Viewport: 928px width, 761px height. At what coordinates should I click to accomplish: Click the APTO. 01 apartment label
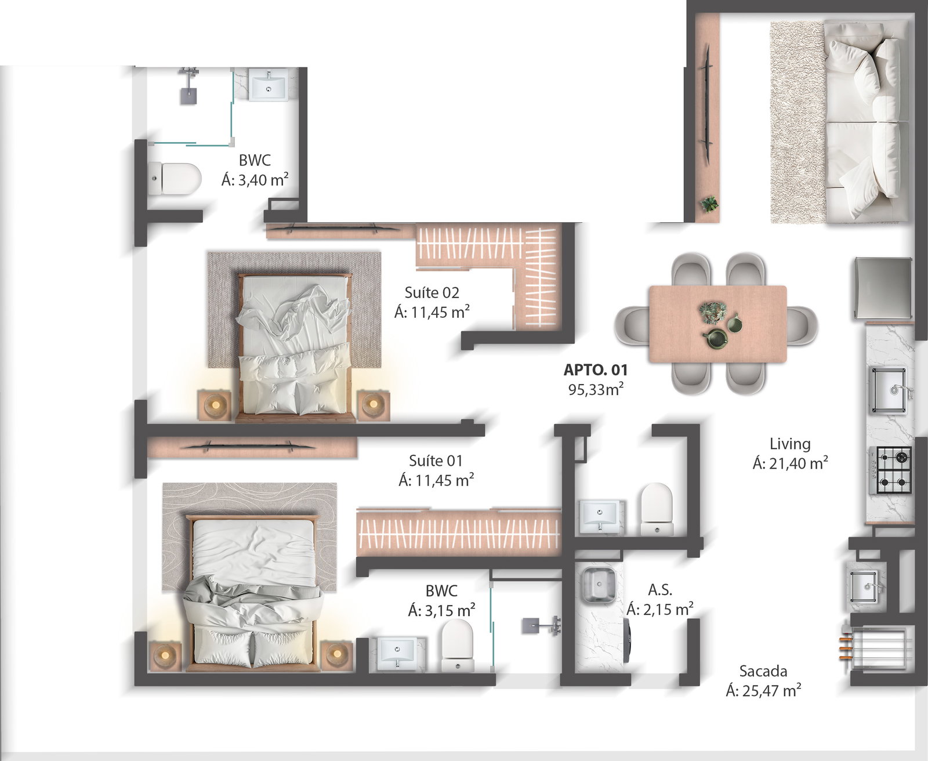pos(596,370)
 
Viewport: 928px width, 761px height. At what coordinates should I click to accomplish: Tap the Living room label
pos(790,444)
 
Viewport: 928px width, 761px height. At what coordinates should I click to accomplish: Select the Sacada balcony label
pos(763,671)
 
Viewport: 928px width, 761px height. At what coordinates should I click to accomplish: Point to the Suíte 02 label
pos(432,293)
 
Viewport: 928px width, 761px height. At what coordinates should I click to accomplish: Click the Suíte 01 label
pos(436,461)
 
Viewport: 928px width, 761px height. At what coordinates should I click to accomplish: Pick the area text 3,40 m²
pos(263,180)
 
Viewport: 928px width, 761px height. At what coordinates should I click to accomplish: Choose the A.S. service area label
pos(660,589)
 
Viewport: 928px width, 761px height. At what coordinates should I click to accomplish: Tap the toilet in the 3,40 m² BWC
pos(174,179)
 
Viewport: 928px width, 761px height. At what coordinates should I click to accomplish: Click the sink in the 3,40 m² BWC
pos(269,85)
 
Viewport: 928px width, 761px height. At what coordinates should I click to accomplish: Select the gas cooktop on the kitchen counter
pos(890,470)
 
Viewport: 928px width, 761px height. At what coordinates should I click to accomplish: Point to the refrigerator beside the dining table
pos(883,288)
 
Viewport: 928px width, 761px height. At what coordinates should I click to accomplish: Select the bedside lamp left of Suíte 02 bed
pos(215,405)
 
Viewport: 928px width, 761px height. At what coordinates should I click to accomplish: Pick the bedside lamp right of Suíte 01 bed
pos(337,655)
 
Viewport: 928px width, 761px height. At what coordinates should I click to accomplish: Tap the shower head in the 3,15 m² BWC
pos(541,625)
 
